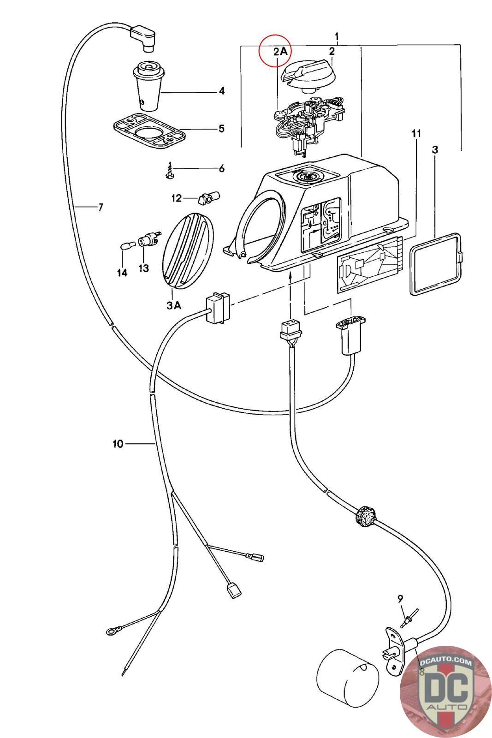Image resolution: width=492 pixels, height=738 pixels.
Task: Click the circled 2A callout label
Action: (280, 51)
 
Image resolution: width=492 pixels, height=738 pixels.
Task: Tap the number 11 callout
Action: (416, 133)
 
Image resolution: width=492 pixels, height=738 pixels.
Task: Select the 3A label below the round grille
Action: (174, 305)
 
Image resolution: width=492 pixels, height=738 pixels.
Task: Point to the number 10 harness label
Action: (118, 444)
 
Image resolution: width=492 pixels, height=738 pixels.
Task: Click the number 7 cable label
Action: (101, 207)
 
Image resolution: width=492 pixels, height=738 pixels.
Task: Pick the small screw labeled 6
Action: (170, 170)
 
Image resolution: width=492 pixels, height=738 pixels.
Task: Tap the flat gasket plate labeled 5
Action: (149, 131)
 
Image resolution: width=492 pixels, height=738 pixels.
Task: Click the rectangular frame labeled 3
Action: (435, 264)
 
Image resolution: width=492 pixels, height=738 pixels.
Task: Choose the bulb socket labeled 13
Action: (149, 239)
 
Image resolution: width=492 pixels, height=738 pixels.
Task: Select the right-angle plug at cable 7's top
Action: (143, 37)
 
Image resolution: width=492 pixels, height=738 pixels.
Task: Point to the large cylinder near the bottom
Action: (347, 678)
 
